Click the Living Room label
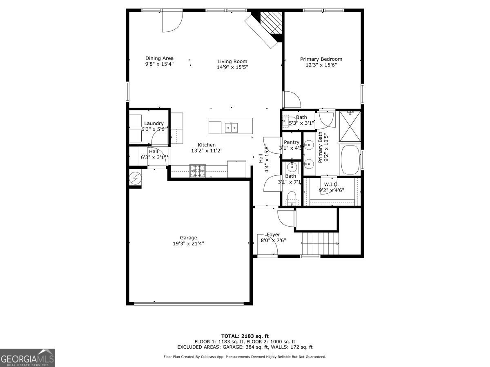[x=232, y=62]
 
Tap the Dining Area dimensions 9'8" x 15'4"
[x=159, y=64]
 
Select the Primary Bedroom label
[x=321, y=59]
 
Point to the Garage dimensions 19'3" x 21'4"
[x=188, y=243]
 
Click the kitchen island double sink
[x=232, y=127]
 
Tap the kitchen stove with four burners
[x=198, y=170]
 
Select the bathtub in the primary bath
[x=349, y=160]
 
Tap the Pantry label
[x=292, y=142]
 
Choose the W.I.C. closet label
[x=331, y=184]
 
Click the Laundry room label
[x=154, y=124]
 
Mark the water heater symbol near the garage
[x=134, y=178]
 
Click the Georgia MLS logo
[x=27, y=358]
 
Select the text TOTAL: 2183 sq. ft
[x=245, y=336]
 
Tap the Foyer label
[x=273, y=234]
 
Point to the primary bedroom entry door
[x=292, y=100]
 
